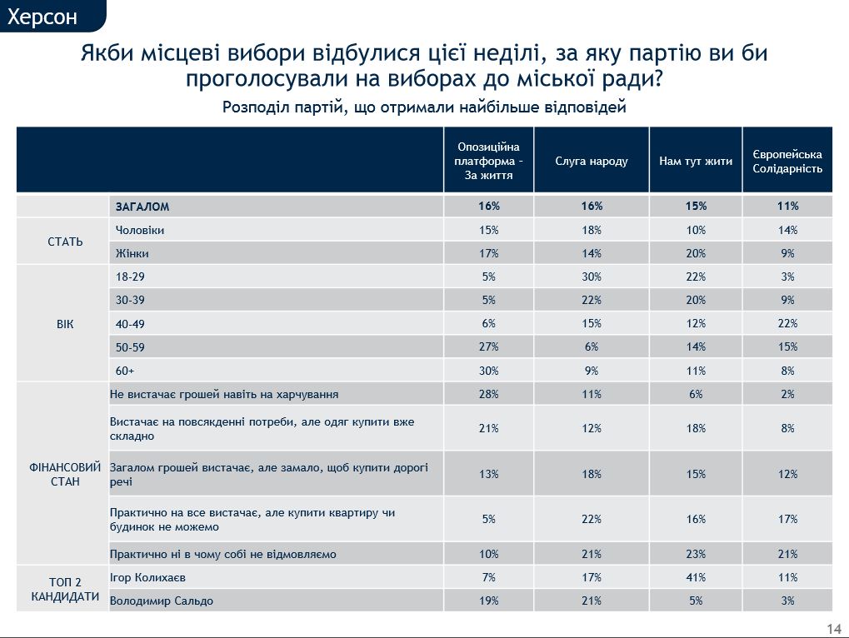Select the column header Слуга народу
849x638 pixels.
(592, 161)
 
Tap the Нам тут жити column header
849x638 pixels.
(696, 161)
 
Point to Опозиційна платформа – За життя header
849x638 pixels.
(489, 161)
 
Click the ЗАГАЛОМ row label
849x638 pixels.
(142, 207)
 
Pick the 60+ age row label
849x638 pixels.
(125, 371)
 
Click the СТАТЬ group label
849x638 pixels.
(62, 242)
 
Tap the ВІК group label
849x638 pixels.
(62, 324)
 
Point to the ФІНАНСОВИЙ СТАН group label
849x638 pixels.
(62, 474)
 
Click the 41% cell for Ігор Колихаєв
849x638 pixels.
(696, 576)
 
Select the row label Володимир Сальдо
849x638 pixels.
(161, 601)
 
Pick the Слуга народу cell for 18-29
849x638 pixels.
(592, 277)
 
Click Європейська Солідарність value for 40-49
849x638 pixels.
(787, 323)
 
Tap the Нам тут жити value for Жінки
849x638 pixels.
(696, 253)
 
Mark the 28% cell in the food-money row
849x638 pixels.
(489, 394)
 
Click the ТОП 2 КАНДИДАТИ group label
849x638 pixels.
(62, 588)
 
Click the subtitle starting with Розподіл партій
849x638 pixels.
(424, 107)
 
